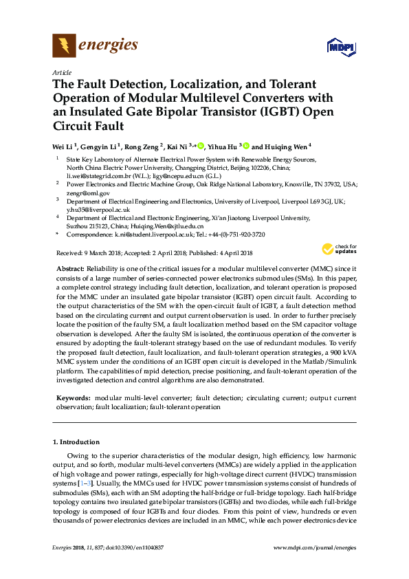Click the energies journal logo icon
(x=64, y=45)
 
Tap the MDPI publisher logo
(x=341, y=47)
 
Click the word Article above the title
(x=60, y=72)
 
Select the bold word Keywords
(x=72, y=398)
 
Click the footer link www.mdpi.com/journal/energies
(x=315, y=547)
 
